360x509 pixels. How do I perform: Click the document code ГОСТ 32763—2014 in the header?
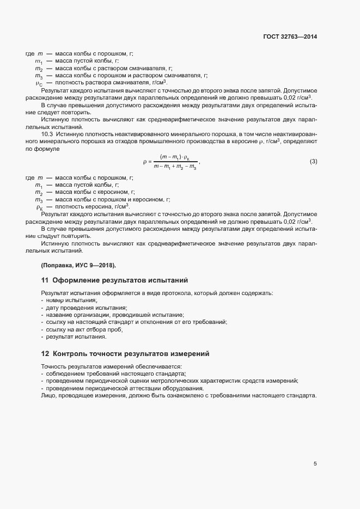coord(289,37)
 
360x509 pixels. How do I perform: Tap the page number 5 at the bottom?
coord(315,464)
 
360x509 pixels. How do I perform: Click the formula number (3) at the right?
coord(313,161)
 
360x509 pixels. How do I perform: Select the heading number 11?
coord(45,280)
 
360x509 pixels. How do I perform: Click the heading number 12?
coord(45,354)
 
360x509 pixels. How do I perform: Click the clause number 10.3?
coord(47,133)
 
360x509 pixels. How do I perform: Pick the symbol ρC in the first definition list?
coord(39,83)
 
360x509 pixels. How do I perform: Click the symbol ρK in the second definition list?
coord(39,207)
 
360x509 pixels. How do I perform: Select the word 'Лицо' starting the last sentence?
coord(48,395)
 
